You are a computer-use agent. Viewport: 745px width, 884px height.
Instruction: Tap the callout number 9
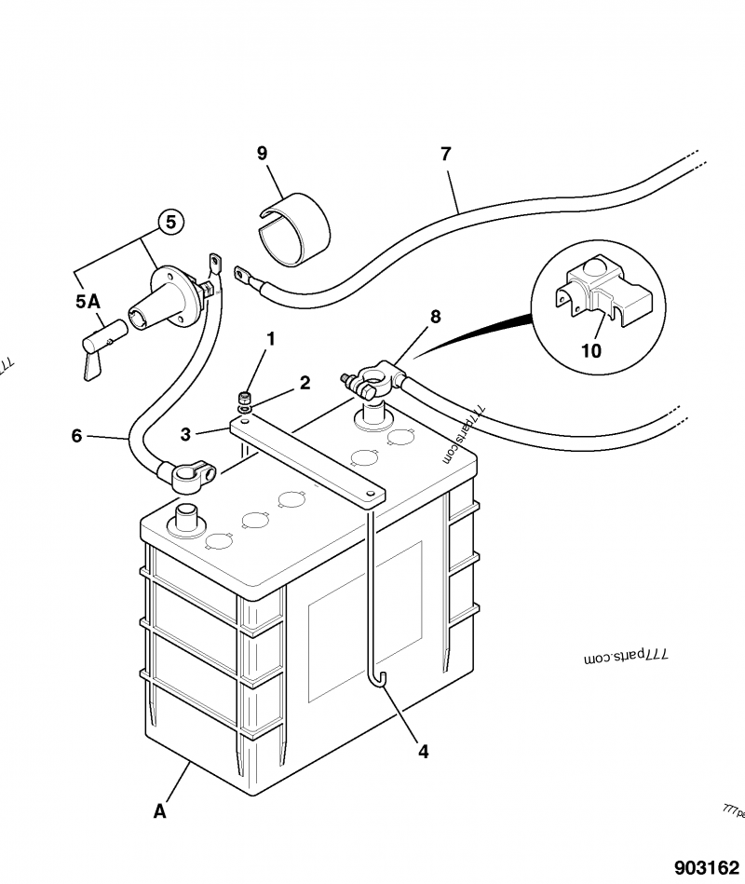(x=262, y=152)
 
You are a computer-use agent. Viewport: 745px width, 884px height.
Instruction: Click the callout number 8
(x=435, y=317)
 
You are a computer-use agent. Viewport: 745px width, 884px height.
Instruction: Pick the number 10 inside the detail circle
(x=591, y=350)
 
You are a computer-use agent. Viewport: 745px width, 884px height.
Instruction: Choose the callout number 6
(x=76, y=434)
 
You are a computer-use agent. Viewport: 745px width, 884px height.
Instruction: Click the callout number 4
(x=424, y=752)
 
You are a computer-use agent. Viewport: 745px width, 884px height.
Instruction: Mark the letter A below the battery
(x=160, y=811)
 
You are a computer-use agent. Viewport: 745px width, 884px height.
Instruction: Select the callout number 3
(x=186, y=434)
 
